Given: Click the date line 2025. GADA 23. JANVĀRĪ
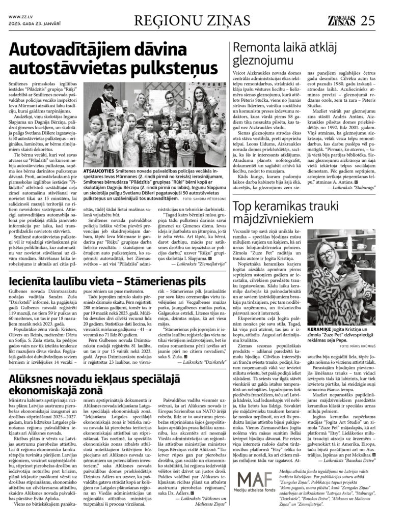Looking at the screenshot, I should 32,23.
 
